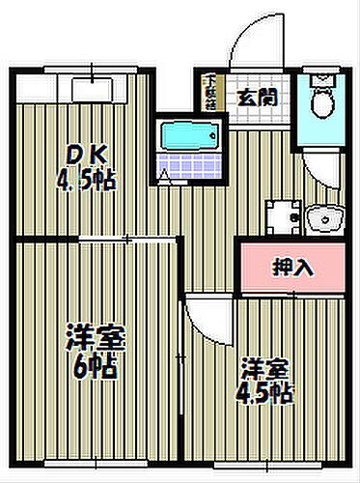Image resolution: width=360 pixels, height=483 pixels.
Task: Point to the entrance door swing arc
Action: tap(253, 39)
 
